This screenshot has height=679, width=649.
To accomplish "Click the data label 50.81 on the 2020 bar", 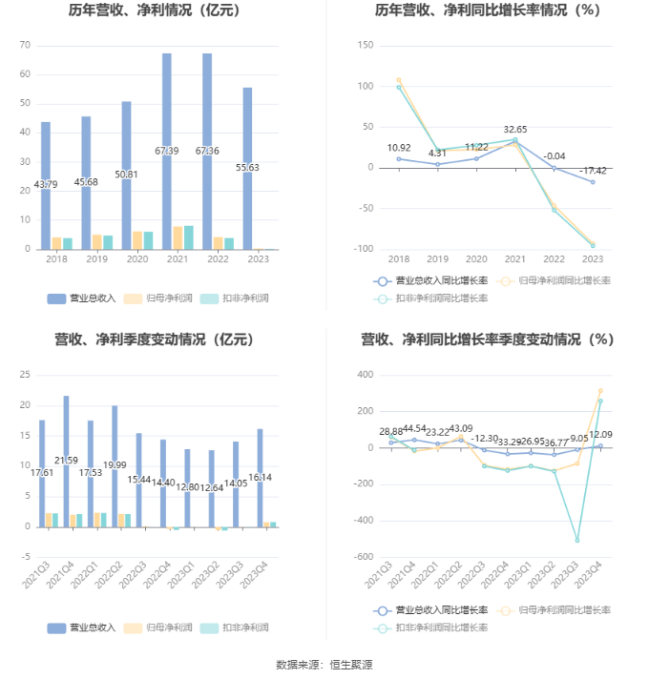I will tap(126, 175).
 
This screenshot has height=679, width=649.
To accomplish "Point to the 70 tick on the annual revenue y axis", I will tap(25, 46).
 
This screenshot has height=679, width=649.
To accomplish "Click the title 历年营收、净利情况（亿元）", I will tap(154, 12).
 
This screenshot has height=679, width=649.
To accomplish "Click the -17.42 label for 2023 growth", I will tap(593, 172).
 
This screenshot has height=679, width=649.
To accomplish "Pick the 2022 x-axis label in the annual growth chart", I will tap(554, 258).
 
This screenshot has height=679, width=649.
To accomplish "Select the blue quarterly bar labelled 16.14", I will tap(260, 477).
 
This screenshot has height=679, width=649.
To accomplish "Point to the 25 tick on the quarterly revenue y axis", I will tap(25, 376).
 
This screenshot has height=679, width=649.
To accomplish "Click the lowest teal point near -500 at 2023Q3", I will tap(577, 540).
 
